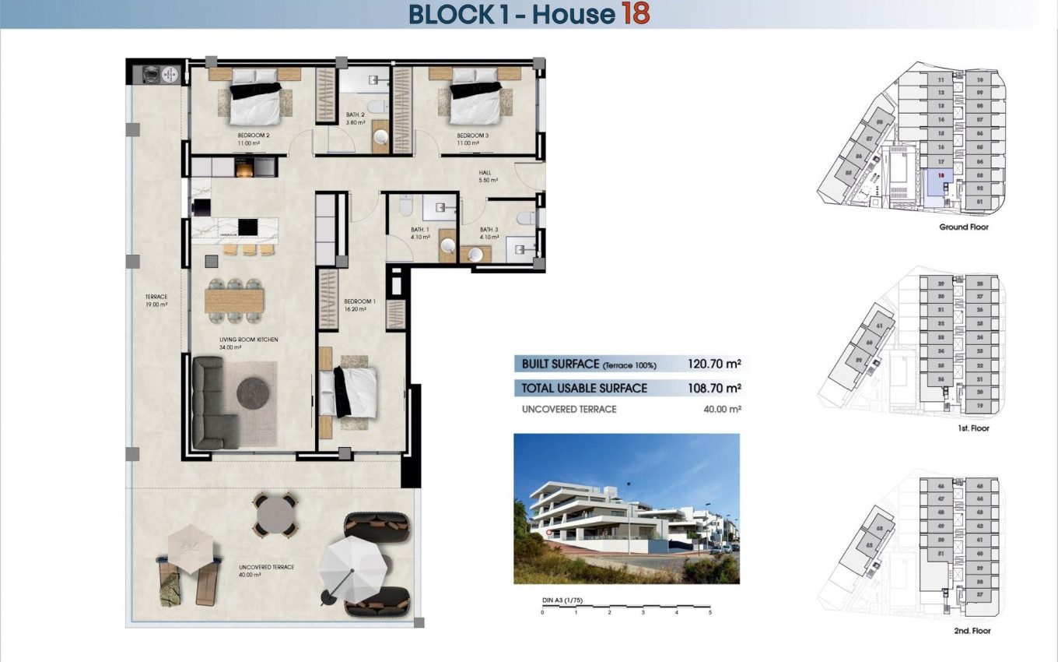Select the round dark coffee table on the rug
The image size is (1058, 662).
click(x=254, y=392)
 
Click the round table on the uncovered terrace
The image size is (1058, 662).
click(x=275, y=515)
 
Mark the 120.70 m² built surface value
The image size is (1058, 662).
click(x=713, y=364)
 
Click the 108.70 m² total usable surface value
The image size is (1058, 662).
click(x=713, y=388)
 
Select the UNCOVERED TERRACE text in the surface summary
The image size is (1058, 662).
click(x=569, y=410)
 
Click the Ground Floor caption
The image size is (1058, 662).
click(x=964, y=227)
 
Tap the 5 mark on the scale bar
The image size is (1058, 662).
click(x=709, y=613)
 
